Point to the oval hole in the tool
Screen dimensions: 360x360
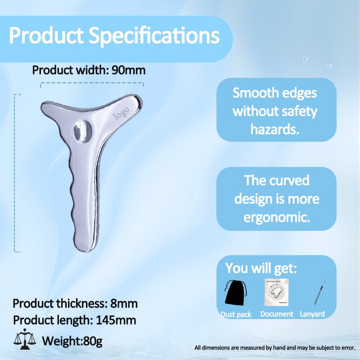pyautogui.click(x=82, y=131)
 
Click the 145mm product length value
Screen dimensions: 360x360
pyautogui.click(x=116, y=320)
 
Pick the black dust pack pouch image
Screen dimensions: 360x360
pyautogui.click(x=237, y=293)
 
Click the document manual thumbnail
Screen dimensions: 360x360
pyautogui.click(x=276, y=292)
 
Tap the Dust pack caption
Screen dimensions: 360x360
pyautogui.click(x=236, y=314)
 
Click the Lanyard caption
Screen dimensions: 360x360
pyautogui.click(x=312, y=314)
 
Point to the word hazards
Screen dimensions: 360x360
pyautogui.click(x=274, y=130)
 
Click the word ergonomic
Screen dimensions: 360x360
pyautogui.click(x=276, y=217)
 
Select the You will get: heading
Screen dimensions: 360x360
pyautogui.click(x=261, y=268)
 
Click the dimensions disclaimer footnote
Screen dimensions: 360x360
pyautogui.click(x=275, y=348)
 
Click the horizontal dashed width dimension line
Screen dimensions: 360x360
pyautogui.click(x=92, y=83)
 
